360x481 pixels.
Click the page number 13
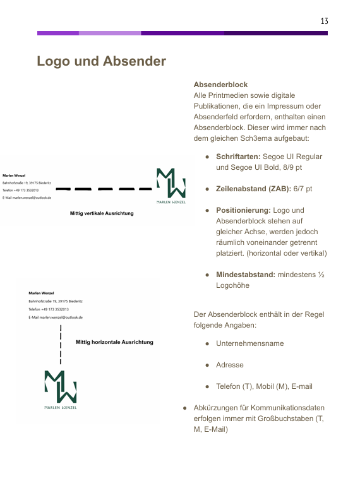(x=324, y=21)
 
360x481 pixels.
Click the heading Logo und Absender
(x=101, y=61)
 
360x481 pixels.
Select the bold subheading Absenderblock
(x=220, y=85)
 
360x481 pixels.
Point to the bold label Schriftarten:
(x=237, y=157)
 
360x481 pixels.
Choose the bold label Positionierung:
(x=243, y=210)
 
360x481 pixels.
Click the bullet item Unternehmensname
(x=249, y=343)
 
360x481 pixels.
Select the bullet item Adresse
(x=229, y=365)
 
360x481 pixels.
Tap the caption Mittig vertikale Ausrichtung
(x=102, y=214)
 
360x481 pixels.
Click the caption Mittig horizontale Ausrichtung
(x=114, y=342)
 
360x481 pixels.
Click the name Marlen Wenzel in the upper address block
(x=14, y=175)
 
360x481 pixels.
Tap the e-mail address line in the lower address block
(x=56, y=318)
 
